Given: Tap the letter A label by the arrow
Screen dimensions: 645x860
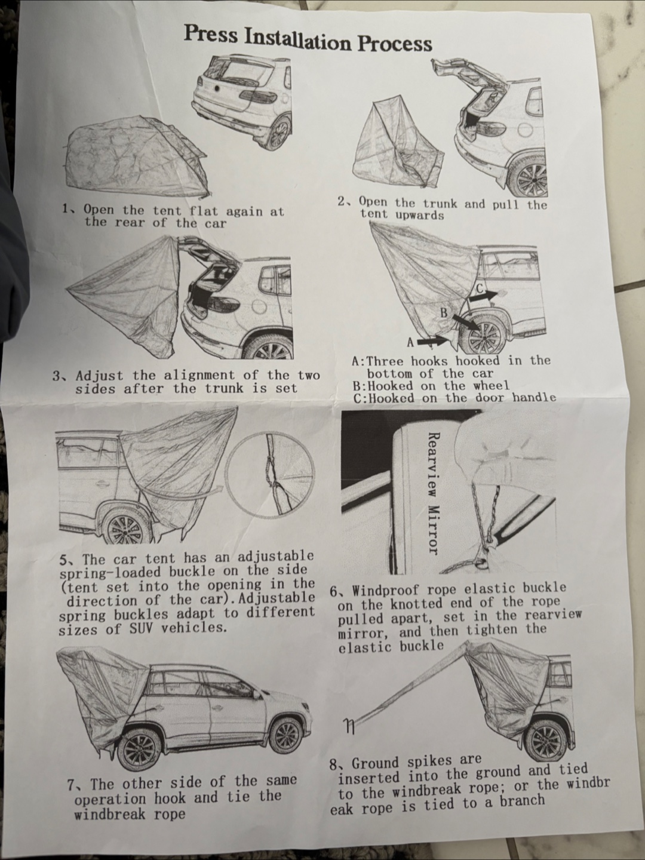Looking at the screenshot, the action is pyautogui.click(x=410, y=342).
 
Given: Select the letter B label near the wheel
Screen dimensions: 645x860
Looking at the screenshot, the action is pyautogui.click(x=444, y=313).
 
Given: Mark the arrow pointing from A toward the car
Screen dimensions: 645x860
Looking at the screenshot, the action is pyautogui.click(x=432, y=341).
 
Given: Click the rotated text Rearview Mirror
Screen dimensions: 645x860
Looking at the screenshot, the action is pyautogui.click(x=432, y=493).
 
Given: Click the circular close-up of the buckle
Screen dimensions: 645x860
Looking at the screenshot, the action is pyautogui.click(x=270, y=472).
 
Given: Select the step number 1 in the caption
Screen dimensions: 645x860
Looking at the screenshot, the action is pyautogui.click(x=66, y=208).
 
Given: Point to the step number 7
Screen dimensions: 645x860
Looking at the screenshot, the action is pyautogui.click(x=71, y=785).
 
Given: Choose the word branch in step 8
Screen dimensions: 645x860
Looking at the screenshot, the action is pyautogui.click(x=521, y=800).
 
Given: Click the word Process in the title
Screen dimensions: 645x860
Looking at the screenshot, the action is pyautogui.click(x=394, y=43).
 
